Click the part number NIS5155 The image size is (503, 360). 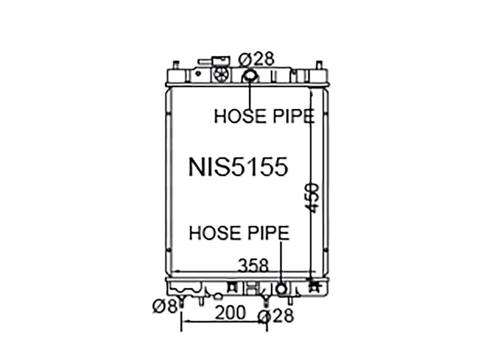coord(238,167)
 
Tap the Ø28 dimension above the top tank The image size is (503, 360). coord(256,59)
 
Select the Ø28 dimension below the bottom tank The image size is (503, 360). coord(276,316)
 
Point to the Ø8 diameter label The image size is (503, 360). coord(165,306)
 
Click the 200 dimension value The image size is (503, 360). coord(230,312)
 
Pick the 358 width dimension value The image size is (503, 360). coord(253,265)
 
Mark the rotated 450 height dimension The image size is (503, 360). coord(312,198)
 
